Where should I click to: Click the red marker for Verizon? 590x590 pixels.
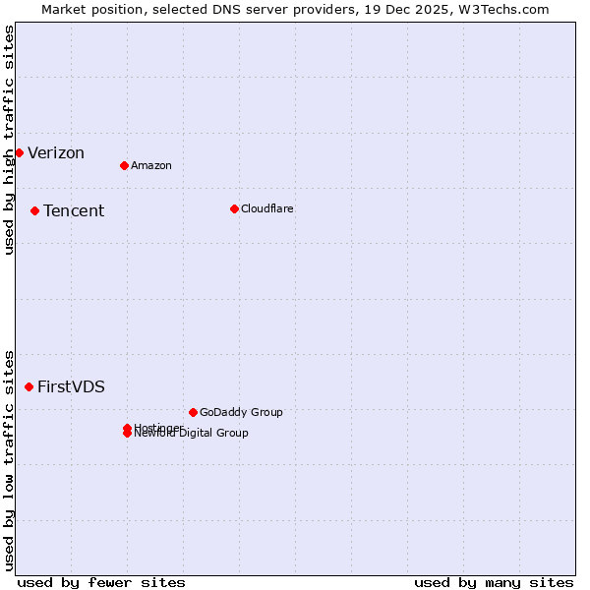[19, 152]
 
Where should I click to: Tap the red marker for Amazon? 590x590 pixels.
[124, 165]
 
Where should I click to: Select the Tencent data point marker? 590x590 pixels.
[34, 210]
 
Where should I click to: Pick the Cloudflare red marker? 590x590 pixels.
[234, 208]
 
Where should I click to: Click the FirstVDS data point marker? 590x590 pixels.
[29, 386]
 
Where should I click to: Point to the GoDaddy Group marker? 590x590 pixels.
[193, 412]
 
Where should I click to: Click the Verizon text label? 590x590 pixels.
[56, 152]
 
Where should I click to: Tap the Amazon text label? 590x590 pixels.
[151, 165]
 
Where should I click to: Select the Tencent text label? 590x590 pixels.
[74, 210]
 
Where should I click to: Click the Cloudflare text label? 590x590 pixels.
[267, 208]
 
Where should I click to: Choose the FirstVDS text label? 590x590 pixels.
[71, 386]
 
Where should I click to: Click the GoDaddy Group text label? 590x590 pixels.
[241, 412]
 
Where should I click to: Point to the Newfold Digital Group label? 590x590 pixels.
[193, 434]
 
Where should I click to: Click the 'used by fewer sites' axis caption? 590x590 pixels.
[101, 582]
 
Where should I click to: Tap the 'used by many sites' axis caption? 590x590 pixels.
[494, 582]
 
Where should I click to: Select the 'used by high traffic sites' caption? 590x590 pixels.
[9, 140]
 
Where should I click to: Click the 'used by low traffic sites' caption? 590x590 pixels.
[9, 460]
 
